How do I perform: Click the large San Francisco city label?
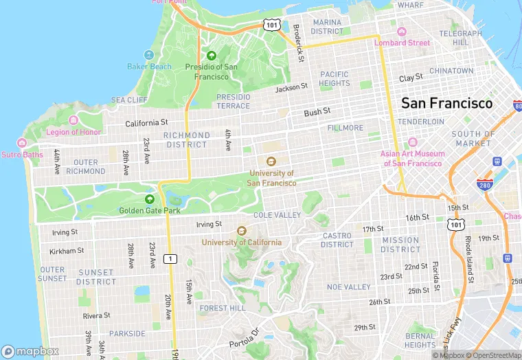point(446,104)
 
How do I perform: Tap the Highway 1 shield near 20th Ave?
point(170,258)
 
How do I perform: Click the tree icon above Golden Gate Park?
point(150,199)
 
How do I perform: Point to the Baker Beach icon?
point(149,55)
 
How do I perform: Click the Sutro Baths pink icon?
point(22,143)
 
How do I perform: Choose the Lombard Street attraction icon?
point(402,32)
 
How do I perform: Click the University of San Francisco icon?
point(271,162)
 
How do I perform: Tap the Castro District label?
point(337,240)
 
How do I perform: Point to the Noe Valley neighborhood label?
point(348,286)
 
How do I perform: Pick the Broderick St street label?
point(298,44)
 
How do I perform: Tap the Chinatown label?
point(451,71)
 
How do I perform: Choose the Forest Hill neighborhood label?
point(222,308)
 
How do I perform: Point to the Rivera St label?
point(96,316)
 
